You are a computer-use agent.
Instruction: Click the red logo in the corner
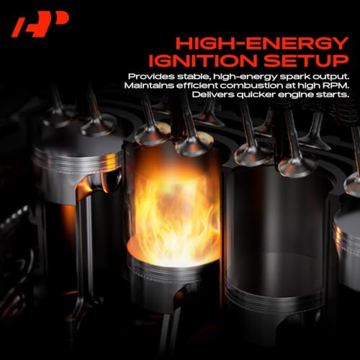40,24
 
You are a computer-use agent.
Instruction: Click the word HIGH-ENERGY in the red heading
262,43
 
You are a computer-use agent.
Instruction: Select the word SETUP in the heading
306,60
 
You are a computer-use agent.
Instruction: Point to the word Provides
151,77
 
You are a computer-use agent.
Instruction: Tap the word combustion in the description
250,86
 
